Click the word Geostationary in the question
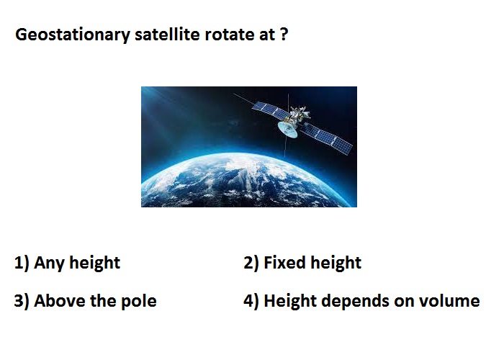click(73, 35)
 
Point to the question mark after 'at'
click(284, 34)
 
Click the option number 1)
click(22, 264)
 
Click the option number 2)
click(251, 264)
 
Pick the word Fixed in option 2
click(284, 263)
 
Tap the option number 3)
click(22, 302)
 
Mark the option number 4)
click(251, 302)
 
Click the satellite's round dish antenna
click(288, 129)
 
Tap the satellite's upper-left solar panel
click(269, 109)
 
